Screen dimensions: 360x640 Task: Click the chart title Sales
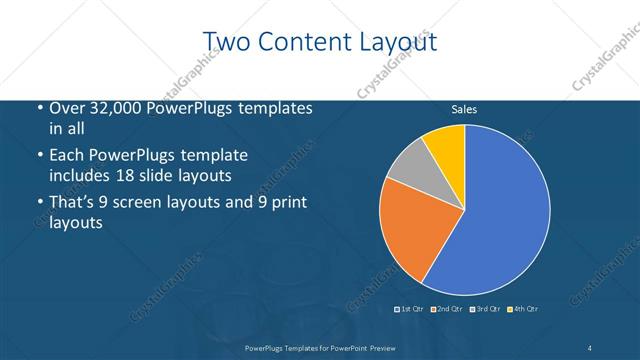[463, 109]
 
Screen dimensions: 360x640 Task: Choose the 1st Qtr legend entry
[409, 308]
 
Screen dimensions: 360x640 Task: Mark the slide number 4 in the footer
[590, 348]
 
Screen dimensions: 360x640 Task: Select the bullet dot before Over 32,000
[38, 109]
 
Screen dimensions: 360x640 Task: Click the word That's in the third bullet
[73, 203]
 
